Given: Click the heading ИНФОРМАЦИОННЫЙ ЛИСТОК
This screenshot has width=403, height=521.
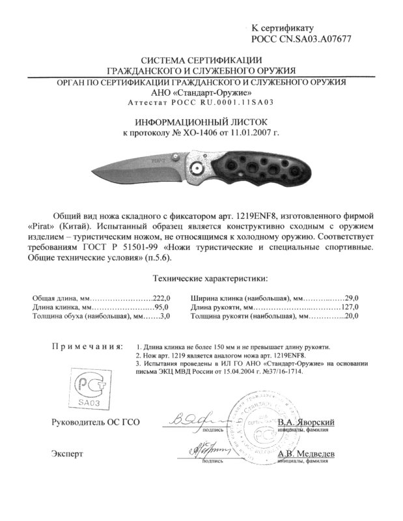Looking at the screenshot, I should pos(201,122).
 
